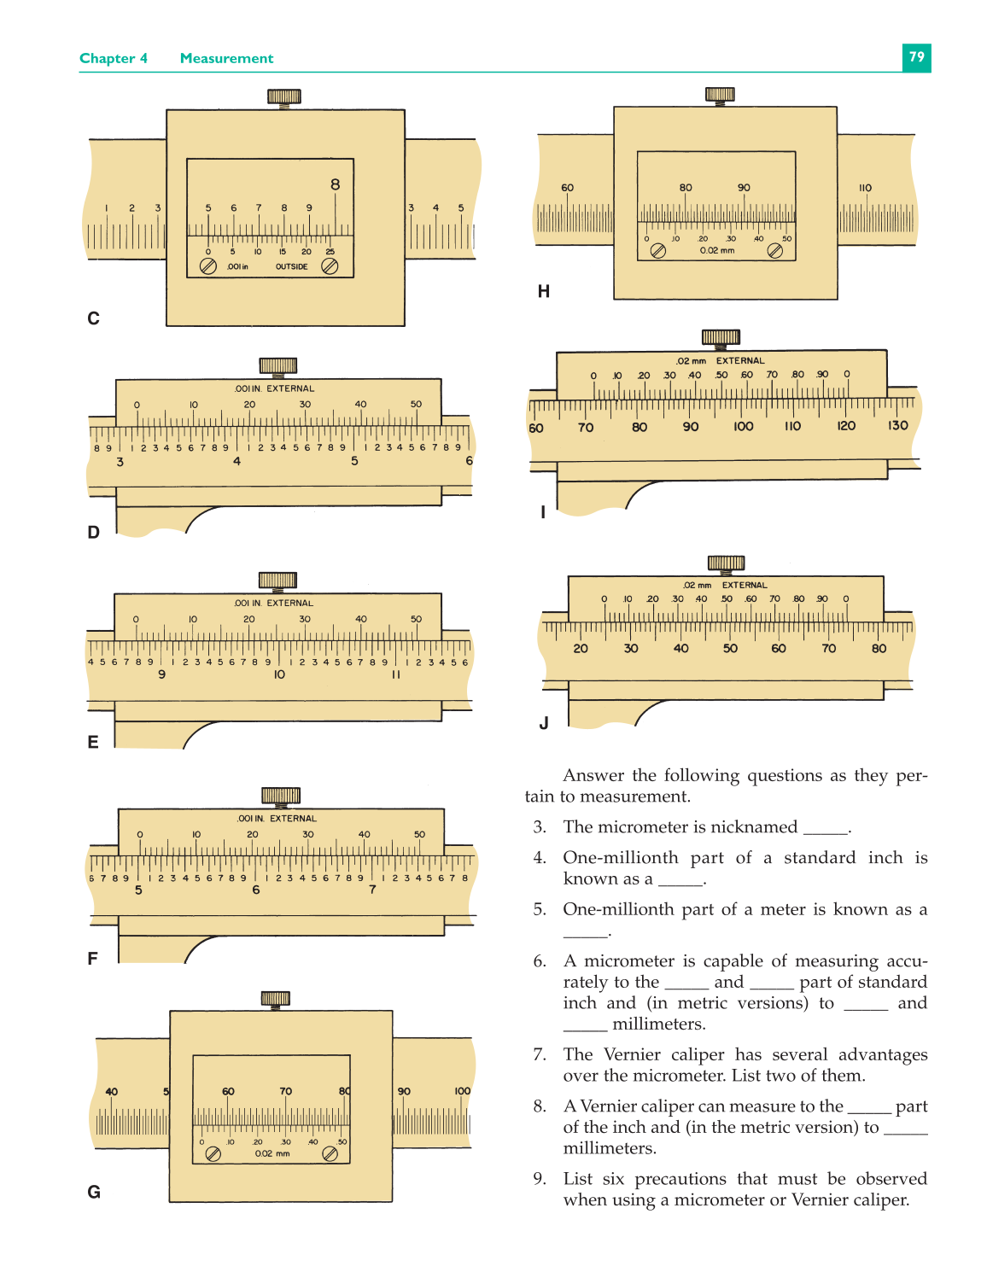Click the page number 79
pos(916,57)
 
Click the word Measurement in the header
pos(226,58)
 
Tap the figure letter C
pos(94,318)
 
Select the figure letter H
pos(543,292)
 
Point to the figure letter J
pos(544,723)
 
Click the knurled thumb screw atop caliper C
pos(284,96)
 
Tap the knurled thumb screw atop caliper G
pos(275,998)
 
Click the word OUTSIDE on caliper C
pos(291,266)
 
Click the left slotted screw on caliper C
pos(207,266)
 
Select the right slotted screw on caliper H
pos(774,251)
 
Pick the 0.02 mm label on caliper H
pos(717,251)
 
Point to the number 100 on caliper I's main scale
pos(743,426)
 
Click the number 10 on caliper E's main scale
pos(279,674)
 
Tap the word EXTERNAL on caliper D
pos(290,388)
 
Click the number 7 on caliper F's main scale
pos(372,890)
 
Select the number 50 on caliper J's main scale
pos(730,649)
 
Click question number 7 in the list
pos(539,1054)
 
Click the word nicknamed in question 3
pos(752,826)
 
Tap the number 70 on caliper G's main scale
pos(285,1091)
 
